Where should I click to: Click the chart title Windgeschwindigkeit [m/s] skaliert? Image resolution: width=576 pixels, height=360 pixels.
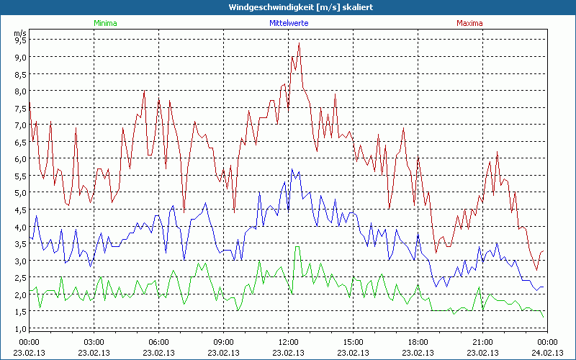click(x=288, y=6)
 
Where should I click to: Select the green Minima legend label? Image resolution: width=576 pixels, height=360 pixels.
click(x=105, y=23)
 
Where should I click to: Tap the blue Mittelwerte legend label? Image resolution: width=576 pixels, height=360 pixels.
click(x=289, y=23)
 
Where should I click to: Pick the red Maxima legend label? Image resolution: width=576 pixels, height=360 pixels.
click(x=469, y=23)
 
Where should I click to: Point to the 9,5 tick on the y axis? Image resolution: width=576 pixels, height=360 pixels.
click(x=20, y=40)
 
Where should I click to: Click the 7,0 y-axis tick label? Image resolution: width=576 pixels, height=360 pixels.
click(x=20, y=125)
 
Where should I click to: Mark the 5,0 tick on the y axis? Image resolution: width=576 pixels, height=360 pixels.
click(x=20, y=193)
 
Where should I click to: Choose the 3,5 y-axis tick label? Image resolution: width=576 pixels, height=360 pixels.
click(x=20, y=244)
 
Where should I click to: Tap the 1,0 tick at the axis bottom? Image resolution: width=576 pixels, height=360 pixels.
click(x=20, y=328)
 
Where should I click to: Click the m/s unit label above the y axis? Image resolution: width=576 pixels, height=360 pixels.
click(x=19, y=32)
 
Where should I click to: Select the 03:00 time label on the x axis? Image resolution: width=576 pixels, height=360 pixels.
click(x=94, y=342)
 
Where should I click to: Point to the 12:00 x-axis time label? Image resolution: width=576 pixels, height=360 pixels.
click(x=289, y=342)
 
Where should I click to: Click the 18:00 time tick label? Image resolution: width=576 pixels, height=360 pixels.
click(x=418, y=342)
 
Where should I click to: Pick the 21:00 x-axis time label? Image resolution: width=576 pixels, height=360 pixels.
click(x=483, y=342)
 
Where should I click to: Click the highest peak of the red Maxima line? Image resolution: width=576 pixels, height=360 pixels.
click(x=299, y=44)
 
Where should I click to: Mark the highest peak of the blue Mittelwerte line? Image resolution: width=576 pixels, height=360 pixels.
click(x=292, y=169)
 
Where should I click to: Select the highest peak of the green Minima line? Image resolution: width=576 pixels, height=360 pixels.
click(x=297, y=247)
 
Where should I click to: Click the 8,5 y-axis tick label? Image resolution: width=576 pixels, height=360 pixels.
click(x=20, y=74)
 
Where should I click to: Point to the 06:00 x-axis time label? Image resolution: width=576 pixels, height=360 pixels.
click(x=159, y=342)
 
